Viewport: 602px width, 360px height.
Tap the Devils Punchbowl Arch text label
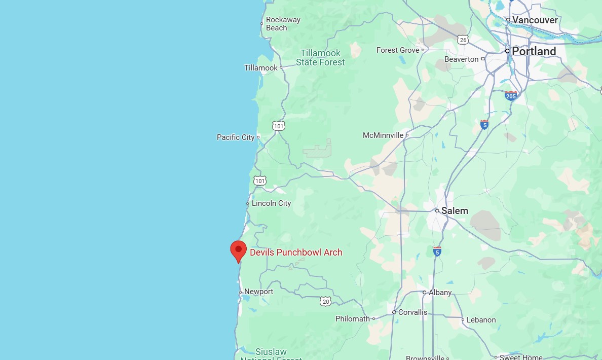coord(296,253)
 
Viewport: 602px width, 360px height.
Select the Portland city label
coord(534,51)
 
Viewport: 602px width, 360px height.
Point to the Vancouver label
coord(535,20)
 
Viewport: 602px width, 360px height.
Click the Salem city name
coord(454,210)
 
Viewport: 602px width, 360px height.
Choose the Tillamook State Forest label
coord(320,58)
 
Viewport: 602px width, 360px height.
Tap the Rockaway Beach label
coord(283,24)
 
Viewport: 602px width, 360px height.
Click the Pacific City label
coord(236,137)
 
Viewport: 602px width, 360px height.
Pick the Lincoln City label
coord(271,203)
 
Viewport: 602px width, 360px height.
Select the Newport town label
coord(258,292)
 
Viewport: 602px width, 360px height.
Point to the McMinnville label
coord(383,135)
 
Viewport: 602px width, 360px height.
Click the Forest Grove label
coord(398,50)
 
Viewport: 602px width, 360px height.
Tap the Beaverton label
coord(461,59)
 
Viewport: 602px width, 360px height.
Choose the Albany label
coord(440,293)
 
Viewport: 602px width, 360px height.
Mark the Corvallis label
coord(412,312)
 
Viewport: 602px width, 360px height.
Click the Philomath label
coord(353,319)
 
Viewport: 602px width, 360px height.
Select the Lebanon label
coord(481,320)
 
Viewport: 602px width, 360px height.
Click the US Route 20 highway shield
coord(325,301)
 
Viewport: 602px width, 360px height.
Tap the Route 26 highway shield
coord(462,39)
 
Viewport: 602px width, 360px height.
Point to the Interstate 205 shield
coord(511,95)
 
